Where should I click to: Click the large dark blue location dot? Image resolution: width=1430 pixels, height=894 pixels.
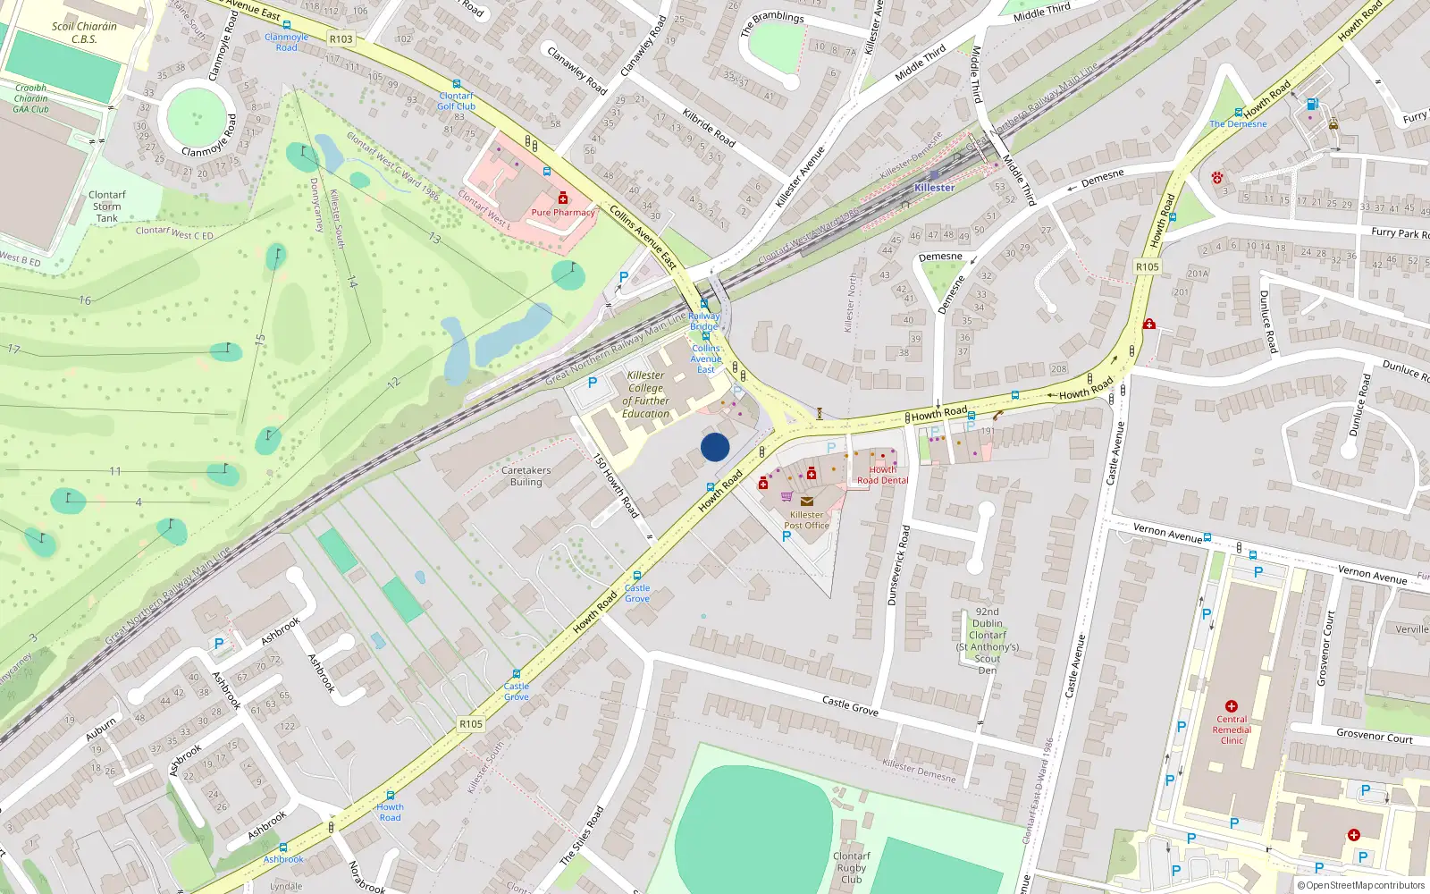(715, 447)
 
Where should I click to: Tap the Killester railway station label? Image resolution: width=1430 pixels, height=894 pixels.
(934, 188)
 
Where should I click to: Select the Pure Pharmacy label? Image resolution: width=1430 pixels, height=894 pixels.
(563, 213)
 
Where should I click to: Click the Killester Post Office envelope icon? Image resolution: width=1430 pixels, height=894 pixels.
(806, 502)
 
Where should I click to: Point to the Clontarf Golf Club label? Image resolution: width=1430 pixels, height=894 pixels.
(456, 101)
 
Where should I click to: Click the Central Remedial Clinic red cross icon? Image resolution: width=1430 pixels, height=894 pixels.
(1232, 706)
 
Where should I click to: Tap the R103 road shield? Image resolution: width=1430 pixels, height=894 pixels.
(341, 39)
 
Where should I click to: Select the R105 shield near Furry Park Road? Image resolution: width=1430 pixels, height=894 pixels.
(1147, 266)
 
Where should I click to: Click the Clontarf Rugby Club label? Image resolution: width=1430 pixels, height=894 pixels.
(851, 867)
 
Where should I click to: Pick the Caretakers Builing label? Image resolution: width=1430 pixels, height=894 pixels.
(526, 477)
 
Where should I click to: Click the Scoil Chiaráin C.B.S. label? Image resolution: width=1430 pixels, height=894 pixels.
(84, 33)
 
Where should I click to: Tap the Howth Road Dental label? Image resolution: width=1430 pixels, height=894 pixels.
(882, 475)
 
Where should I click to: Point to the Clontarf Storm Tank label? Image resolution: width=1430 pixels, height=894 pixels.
(107, 207)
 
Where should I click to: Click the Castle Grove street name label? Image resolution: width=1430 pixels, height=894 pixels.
(850, 706)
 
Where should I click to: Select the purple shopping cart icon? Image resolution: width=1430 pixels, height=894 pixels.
(786, 496)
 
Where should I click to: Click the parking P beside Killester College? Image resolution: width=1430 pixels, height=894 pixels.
(592, 383)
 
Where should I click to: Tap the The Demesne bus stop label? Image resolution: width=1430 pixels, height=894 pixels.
(1238, 124)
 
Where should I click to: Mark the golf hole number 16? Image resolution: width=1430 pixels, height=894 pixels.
(85, 300)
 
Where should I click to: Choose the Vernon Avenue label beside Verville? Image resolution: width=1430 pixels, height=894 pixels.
(1372, 575)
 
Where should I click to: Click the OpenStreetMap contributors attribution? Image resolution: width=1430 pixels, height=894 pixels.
(1360, 886)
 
